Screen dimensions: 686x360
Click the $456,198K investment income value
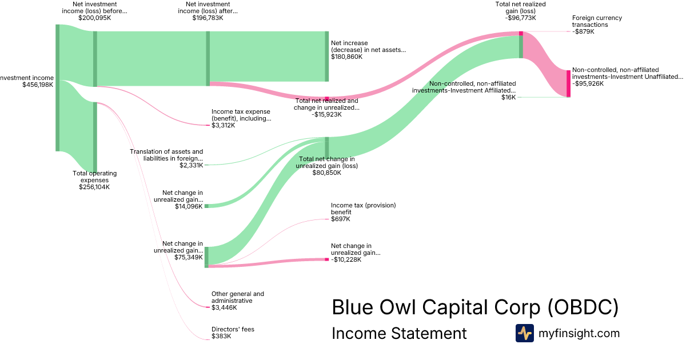38,85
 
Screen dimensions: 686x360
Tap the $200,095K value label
94,18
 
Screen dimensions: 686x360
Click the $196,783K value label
208,18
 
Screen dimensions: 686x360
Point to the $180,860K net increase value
346,57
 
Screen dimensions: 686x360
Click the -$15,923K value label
326,114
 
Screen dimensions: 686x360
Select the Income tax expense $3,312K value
224,126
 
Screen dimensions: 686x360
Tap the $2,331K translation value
191,165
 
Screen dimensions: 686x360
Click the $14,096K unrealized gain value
189,206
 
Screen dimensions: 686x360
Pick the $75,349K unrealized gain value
189,257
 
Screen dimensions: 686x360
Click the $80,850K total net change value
326,173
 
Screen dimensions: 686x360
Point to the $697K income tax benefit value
341,219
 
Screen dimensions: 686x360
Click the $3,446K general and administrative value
224,308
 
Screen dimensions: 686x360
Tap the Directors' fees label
233,329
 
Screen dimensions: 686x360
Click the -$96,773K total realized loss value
520,18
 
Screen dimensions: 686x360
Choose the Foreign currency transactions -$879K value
584,32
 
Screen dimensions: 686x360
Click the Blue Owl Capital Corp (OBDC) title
475,307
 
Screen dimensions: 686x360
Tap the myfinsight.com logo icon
524,333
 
